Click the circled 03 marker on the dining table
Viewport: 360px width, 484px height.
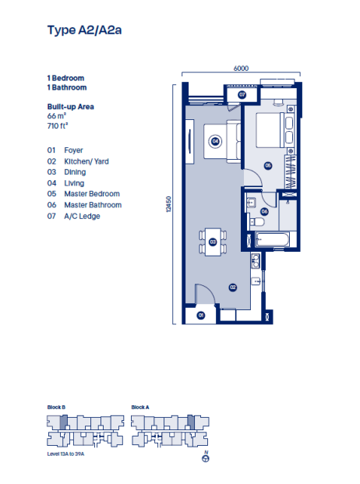click(212, 242)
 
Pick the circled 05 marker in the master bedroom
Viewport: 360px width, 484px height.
click(267, 165)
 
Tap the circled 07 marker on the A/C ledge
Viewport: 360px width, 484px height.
click(242, 95)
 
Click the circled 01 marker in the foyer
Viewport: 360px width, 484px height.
click(200, 315)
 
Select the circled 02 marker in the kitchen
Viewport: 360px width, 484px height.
click(232, 287)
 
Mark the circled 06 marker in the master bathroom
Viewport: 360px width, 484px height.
click(264, 211)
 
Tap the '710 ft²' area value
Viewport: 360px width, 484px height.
click(59, 125)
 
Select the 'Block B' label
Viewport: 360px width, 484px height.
click(56, 408)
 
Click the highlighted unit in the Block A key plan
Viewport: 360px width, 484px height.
click(191, 422)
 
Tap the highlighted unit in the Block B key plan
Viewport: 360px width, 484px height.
click(65, 422)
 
